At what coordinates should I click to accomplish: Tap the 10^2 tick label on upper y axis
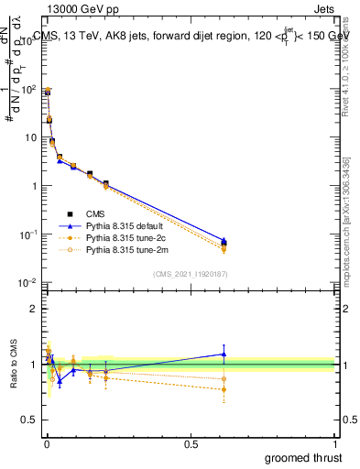pos(27,90)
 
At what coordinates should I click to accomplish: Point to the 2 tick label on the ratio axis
pos(33,309)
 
